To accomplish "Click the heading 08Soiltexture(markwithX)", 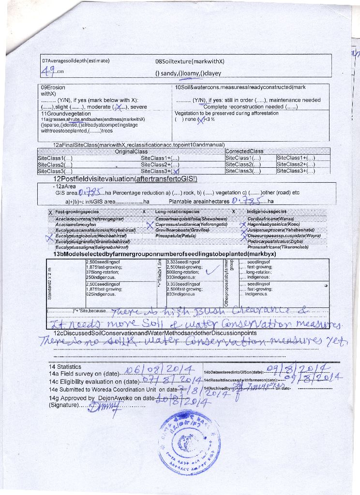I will pos(190,62).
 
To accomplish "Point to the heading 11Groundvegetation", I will pos(66,113).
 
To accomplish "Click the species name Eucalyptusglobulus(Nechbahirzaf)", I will pos(88,235).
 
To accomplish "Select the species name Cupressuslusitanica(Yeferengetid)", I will pos(191,225).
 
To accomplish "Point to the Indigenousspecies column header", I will pos(267,212).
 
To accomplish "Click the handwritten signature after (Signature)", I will pos(99,408).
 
